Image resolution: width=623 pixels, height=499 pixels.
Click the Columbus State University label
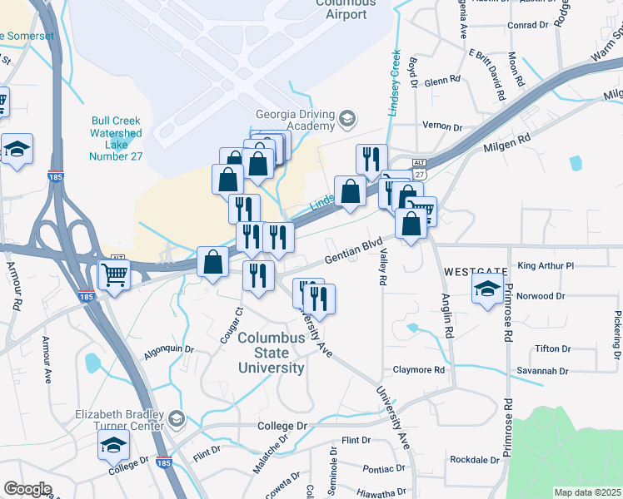click(x=271, y=353)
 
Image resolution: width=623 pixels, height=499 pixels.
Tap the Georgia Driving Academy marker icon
click(x=346, y=121)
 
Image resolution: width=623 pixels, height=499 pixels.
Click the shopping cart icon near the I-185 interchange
click(x=114, y=274)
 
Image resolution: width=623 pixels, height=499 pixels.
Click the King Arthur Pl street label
click(x=546, y=266)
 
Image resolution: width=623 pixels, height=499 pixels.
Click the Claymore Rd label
click(x=419, y=369)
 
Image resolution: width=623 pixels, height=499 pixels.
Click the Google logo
click(x=27, y=489)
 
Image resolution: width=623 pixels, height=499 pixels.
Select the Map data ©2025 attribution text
click(x=587, y=492)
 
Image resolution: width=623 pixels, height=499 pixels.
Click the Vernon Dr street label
click(x=442, y=127)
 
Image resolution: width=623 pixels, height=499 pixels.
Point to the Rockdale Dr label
click(x=473, y=460)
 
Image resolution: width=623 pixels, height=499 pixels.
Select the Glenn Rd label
click(x=441, y=81)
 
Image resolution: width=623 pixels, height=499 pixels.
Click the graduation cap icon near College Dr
click(x=113, y=446)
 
